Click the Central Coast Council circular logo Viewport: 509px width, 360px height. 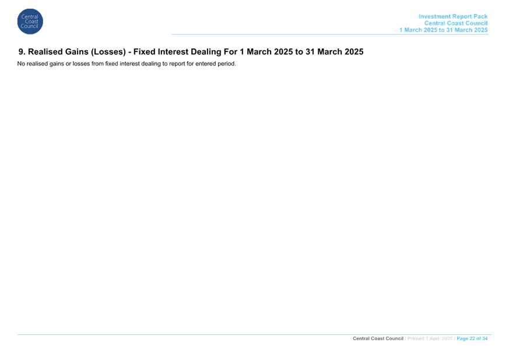pos(30,22)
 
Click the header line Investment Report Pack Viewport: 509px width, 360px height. pos(453,16)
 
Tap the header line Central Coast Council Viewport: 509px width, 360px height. pos(456,23)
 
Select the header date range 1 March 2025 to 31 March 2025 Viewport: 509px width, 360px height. pos(443,30)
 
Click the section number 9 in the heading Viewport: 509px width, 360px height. pos(22,52)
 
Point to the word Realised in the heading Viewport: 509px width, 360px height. pos(45,52)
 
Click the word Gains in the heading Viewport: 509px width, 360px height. pos(76,52)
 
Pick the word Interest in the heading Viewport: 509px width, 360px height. pos(173,52)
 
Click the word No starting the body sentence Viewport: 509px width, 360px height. pos(21,64)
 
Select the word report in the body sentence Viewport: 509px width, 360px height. pos(177,64)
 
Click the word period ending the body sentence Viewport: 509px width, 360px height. pos(227,64)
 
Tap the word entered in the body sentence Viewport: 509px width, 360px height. pos(205,64)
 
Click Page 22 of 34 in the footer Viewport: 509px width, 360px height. pos(472,338)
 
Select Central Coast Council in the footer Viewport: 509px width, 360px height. pos(378,338)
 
